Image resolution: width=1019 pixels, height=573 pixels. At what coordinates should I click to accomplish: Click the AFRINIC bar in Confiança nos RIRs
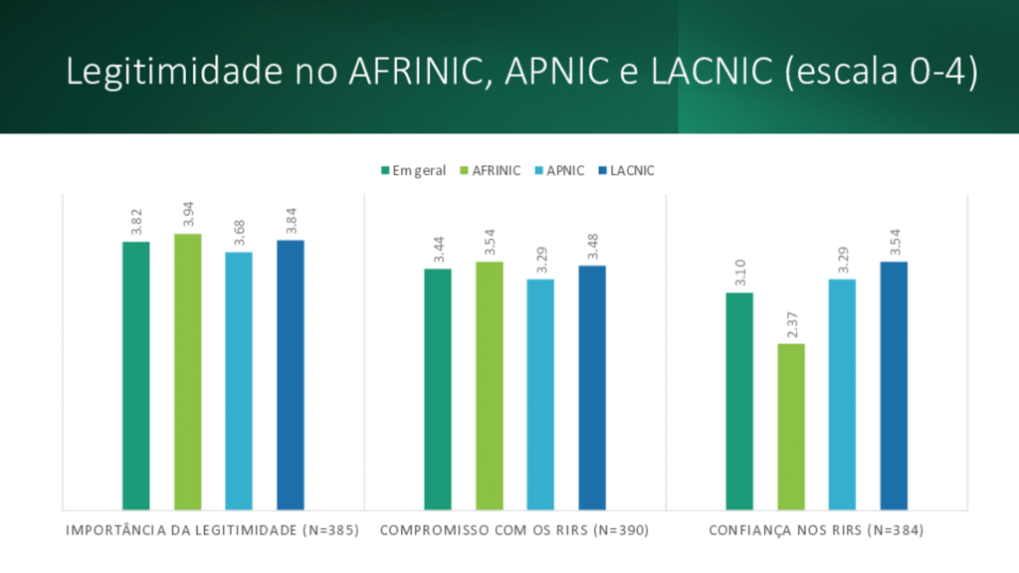791,427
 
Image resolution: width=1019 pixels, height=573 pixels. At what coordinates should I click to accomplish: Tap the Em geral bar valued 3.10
739,401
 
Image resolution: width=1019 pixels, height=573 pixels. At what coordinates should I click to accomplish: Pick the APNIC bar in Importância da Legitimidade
239,381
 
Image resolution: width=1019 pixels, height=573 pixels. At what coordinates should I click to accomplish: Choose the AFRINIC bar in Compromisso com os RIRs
489,386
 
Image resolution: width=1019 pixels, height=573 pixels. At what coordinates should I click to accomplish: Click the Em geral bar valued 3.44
438,389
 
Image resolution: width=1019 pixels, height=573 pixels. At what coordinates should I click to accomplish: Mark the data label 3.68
239,233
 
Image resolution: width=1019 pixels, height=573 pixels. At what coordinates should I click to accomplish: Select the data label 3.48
591,247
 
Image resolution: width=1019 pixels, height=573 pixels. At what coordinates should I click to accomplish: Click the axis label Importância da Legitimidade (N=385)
212,530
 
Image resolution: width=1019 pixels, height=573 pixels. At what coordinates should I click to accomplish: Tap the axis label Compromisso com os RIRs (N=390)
514,530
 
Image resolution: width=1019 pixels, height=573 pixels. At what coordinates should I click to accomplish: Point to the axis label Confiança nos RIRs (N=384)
816,530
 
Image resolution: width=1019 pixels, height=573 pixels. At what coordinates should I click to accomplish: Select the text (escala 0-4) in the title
881,73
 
